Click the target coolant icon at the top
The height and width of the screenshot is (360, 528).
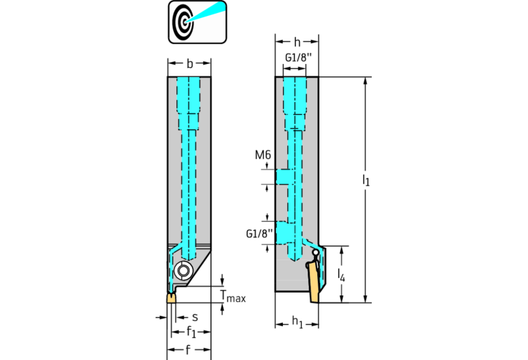(x=198, y=22)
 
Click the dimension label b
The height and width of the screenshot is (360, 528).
(x=189, y=63)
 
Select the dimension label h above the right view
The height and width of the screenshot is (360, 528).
(x=297, y=42)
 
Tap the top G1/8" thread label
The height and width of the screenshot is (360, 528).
(x=296, y=58)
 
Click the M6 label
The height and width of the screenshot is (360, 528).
(x=263, y=155)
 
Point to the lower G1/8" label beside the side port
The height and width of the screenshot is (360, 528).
(x=260, y=233)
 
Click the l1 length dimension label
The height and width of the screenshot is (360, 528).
(x=366, y=180)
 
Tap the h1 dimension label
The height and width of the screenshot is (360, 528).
(x=297, y=321)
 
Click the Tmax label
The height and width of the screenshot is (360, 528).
(x=233, y=296)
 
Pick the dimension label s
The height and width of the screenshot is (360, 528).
(x=195, y=317)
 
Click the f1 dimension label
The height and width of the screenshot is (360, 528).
(x=191, y=332)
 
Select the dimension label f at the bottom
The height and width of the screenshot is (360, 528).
(x=188, y=350)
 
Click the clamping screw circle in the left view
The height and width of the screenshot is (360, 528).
(x=183, y=270)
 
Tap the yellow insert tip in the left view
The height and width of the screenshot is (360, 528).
(x=171, y=298)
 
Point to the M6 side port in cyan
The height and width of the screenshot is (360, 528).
(x=282, y=177)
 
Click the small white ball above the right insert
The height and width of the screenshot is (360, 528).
(x=315, y=252)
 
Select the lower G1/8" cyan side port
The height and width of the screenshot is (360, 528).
(x=283, y=233)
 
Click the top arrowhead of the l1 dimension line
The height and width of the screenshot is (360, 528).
(x=366, y=81)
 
